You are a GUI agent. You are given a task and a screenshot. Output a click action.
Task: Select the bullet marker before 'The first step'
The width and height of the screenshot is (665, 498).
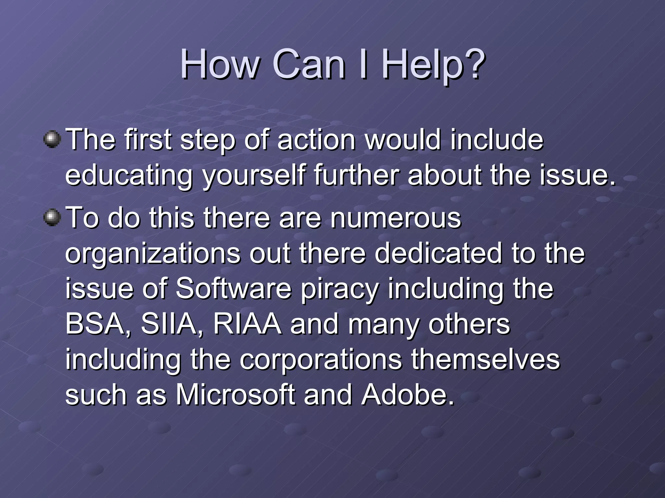coord(52,139)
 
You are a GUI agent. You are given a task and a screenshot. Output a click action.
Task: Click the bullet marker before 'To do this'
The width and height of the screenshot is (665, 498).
coord(52,217)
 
